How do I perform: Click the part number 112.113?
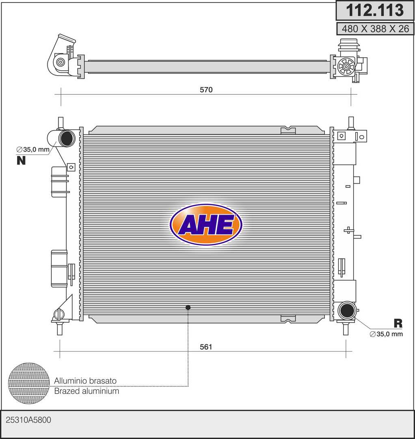pyautogui.click(x=375, y=10)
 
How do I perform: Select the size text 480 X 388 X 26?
pyautogui.click(x=375, y=28)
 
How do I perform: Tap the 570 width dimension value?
pyautogui.click(x=206, y=89)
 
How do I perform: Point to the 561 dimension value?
pyautogui.click(x=206, y=347)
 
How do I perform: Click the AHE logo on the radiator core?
pyautogui.click(x=206, y=224)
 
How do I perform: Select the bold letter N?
pyautogui.click(x=21, y=161)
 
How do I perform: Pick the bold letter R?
pyautogui.click(x=398, y=324)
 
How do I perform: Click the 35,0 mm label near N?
pyautogui.click(x=33, y=150)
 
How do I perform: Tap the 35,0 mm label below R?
pyautogui.click(x=386, y=334)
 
